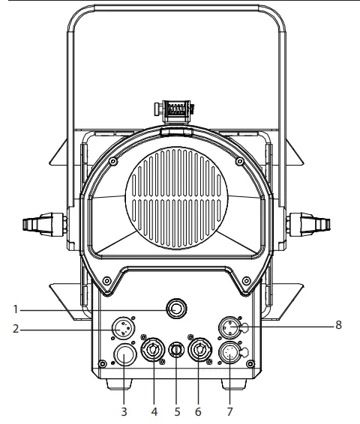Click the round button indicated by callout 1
click(x=177, y=308)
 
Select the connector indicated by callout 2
click(x=123, y=328)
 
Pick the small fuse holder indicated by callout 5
click(x=177, y=350)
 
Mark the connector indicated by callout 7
click(x=230, y=354)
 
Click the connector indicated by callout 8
click(x=230, y=327)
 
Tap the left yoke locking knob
click(x=42, y=223)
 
